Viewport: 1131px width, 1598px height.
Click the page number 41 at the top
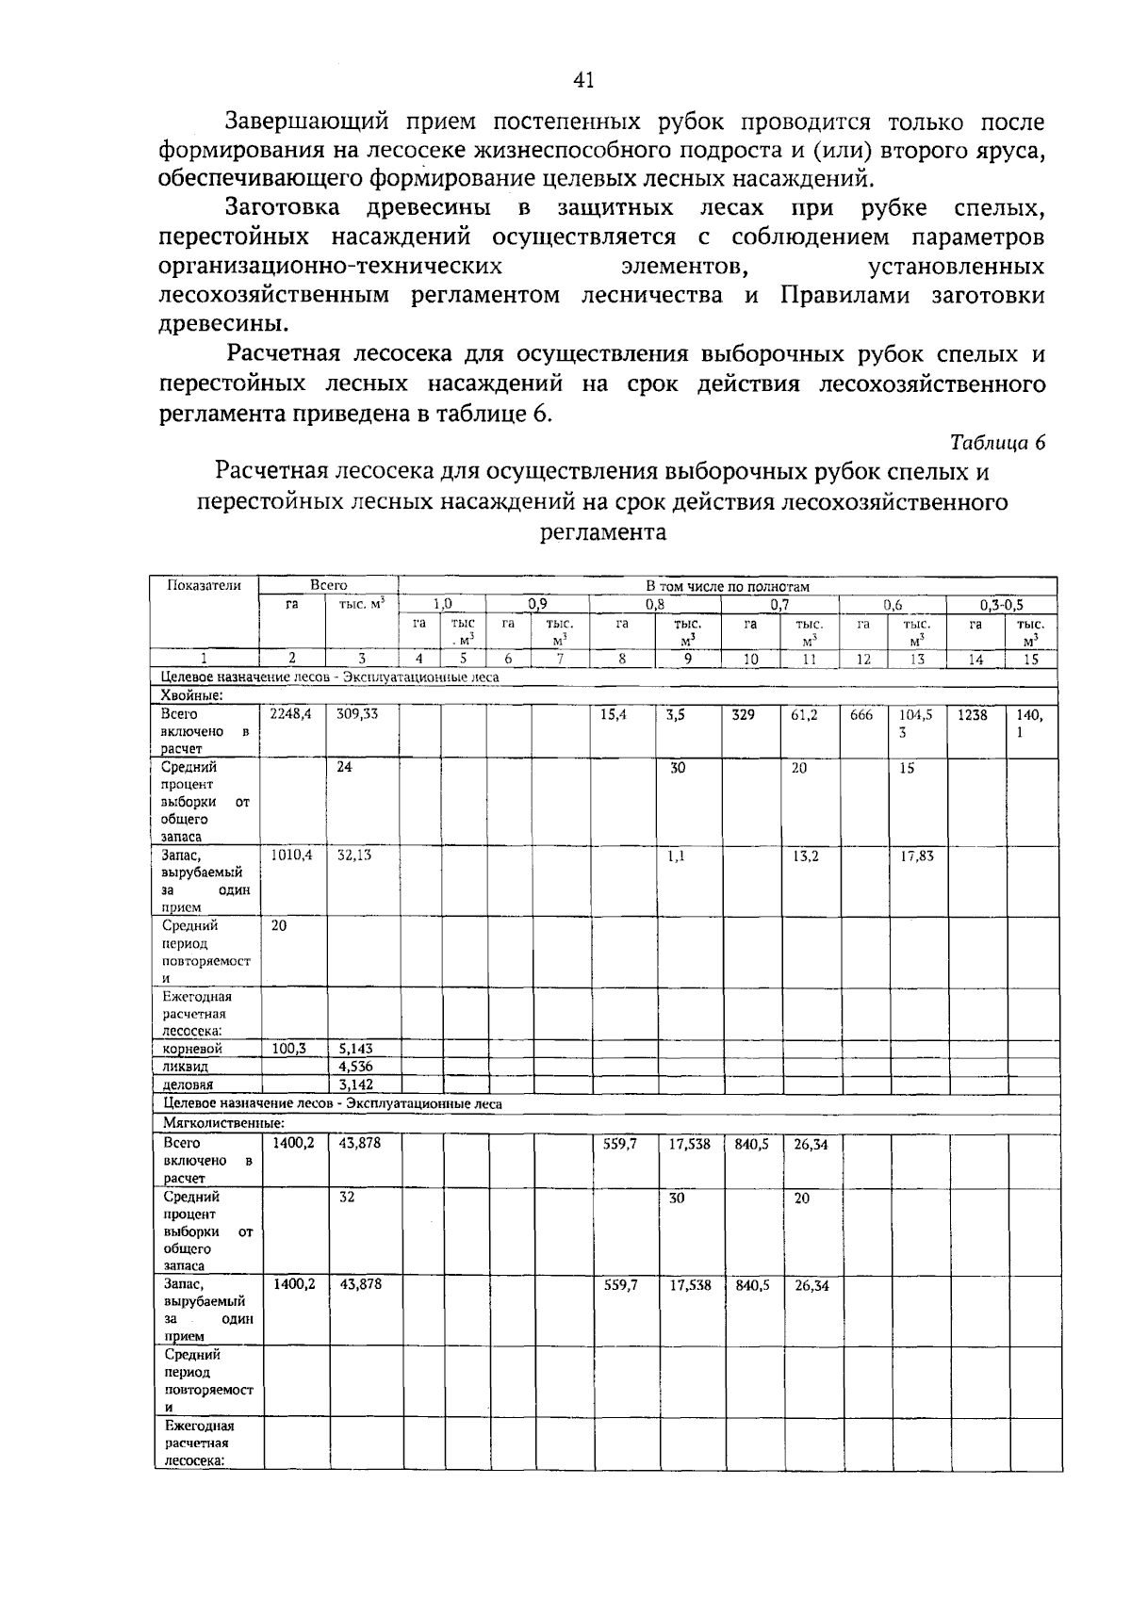583,81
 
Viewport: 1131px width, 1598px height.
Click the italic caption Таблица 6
998,443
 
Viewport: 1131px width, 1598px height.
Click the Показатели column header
204,585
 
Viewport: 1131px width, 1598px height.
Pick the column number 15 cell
1031,660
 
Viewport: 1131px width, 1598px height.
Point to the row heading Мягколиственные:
224,1122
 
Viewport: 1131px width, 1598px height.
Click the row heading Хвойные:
192,695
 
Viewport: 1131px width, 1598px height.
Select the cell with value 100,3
288,1048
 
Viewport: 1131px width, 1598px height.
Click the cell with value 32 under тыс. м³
347,1197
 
